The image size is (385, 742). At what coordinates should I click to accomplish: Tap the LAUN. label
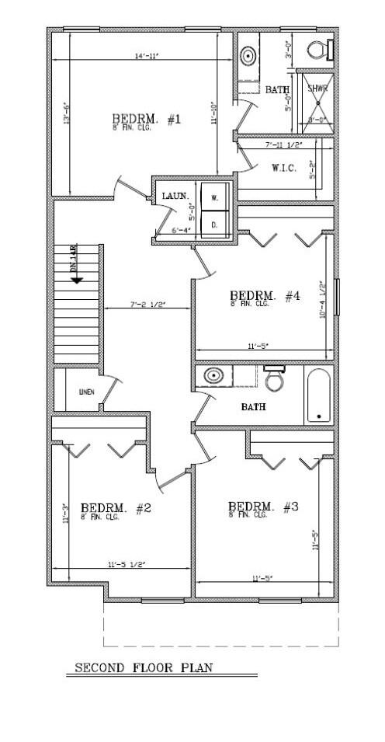point(174,196)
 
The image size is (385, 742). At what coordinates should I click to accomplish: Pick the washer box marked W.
point(214,197)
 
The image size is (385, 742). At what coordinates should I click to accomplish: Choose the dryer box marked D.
point(214,226)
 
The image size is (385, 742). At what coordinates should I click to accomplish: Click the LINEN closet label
point(86,392)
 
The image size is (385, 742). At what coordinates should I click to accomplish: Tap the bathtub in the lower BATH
point(318,395)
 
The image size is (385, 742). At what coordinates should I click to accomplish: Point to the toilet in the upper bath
point(317,49)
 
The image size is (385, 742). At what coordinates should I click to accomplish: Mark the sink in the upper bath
point(248,57)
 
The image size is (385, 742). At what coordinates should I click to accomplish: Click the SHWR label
point(318,89)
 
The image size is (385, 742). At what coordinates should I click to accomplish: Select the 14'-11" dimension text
point(145,56)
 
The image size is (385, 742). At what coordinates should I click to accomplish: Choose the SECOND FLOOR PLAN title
point(143,667)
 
